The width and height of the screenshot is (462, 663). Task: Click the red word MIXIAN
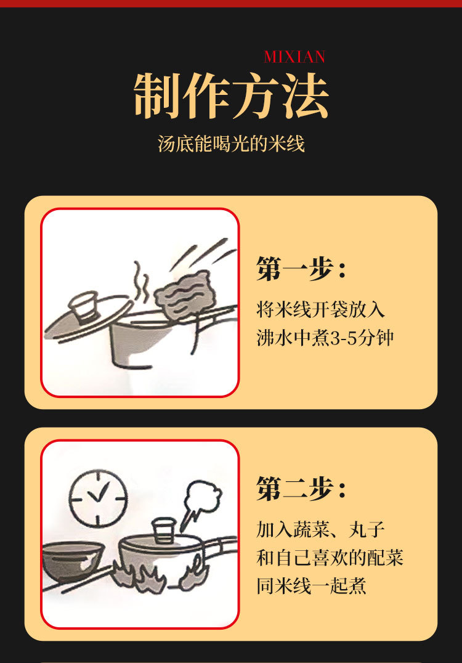click(x=294, y=57)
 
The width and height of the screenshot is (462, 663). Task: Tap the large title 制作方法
click(x=231, y=96)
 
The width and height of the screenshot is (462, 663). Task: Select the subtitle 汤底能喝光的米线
click(x=231, y=144)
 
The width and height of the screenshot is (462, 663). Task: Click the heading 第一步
click(x=301, y=269)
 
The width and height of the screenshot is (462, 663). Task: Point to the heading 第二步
click(x=301, y=489)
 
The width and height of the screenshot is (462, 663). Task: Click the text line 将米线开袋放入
click(x=321, y=309)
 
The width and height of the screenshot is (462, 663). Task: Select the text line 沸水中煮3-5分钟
click(x=325, y=338)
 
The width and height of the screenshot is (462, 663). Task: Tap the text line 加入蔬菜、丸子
click(x=321, y=529)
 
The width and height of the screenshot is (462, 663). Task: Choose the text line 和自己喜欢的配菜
click(x=330, y=558)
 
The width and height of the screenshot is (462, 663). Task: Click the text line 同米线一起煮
click(x=312, y=586)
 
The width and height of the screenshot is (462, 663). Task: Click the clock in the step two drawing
click(x=98, y=498)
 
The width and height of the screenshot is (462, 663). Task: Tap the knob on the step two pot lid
click(x=164, y=531)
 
